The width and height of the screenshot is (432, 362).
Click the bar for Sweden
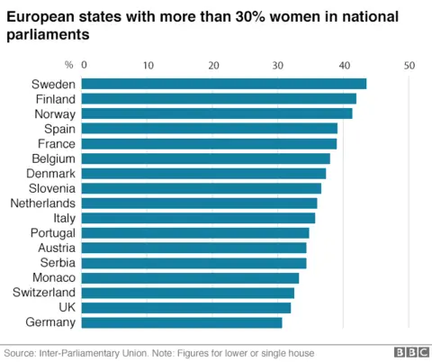pos(225,84)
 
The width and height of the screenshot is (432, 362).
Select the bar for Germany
pos(183,322)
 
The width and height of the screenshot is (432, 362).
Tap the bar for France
pos(210,143)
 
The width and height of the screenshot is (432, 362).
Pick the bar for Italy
pos(199,218)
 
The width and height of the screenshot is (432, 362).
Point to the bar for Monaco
pos(191,277)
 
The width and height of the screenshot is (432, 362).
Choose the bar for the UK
pos(187,307)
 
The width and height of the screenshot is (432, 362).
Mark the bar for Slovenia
pos(202,188)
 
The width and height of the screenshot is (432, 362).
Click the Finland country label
pos(55,99)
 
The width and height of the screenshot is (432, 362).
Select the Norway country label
pos(54,113)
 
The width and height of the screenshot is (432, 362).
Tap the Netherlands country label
pos(43,203)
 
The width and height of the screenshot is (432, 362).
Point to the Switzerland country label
pos(44,293)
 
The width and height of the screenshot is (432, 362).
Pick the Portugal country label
pos(53,232)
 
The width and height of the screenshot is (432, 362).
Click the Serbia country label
pos(57,263)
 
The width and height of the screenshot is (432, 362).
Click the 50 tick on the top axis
pos(409,65)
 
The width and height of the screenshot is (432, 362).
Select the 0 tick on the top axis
pos(85,65)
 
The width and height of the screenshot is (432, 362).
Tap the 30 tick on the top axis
pos(279,65)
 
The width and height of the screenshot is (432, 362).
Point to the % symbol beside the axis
pos(68,65)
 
